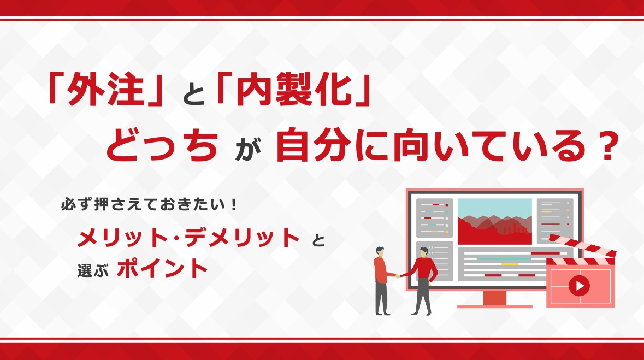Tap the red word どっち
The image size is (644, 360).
point(162,145)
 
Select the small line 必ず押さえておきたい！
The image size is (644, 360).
point(150,204)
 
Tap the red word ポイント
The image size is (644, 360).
point(163,269)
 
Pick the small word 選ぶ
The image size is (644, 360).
point(93,271)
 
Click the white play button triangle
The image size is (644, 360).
point(580,286)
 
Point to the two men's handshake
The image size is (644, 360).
point(398,276)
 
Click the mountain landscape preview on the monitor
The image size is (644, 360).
point(494,221)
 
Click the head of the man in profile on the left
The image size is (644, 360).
point(380,252)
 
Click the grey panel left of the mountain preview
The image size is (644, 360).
point(434,218)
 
